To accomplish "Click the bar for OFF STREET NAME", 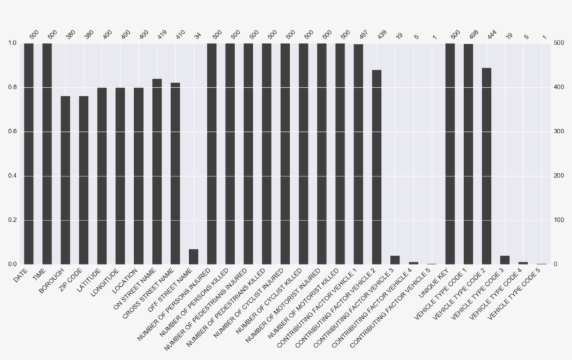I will click(x=193, y=257).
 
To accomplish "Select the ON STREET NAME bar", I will click(x=157, y=172).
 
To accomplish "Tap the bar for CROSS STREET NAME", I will click(x=175, y=174).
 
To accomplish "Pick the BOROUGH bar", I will click(x=65, y=180).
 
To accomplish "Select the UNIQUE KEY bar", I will click(x=450, y=153).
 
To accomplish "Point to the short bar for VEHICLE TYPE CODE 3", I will click(x=504, y=260).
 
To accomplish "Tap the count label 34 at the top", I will click(x=197, y=33).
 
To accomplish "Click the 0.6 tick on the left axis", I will click(x=14, y=132).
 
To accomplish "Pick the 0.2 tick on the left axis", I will click(x=14, y=220).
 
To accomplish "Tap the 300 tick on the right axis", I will click(x=557, y=132).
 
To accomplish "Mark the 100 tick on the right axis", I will click(x=557, y=220).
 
